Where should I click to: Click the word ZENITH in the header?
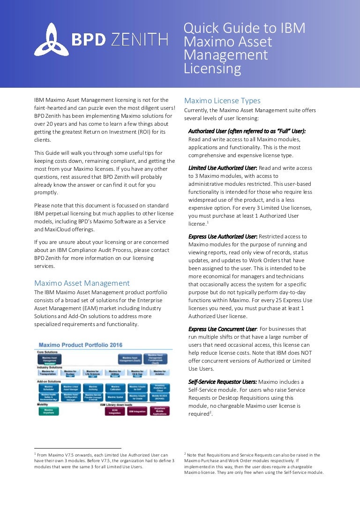(139, 40)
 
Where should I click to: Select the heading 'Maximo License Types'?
(222, 101)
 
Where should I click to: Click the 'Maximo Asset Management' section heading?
(82, 283)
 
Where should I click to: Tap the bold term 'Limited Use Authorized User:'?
(223, 168)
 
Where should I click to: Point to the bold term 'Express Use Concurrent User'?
(222, 329)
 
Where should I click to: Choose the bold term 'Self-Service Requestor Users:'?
(222, 382)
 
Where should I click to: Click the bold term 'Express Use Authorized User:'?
(223, 236)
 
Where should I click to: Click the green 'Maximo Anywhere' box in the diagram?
(48, 411)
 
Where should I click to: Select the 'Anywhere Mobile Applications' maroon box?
(159, 411)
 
